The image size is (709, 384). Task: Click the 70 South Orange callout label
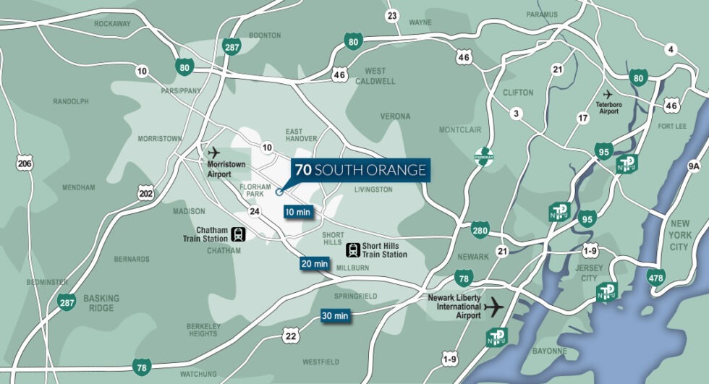pyautogui.click(x=360, y=171)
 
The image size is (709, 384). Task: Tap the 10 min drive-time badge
pyautogui.click(x=297, y=212)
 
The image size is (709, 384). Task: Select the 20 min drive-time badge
pyautogui.click(x=315, y=264)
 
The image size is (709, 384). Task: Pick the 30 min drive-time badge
pyautogui.click(x=335, y=315)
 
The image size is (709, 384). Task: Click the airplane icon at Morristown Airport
pyautogui.click(x=213, y=153)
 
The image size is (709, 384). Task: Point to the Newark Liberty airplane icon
pyautogui.click(x=494, y=307)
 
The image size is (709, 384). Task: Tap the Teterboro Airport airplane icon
pyautogui.click(x=608, y=94)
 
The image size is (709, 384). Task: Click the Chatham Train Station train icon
pyautogui.click(x=239, y=234)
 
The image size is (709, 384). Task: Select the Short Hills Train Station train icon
pyautogui.click(x=353, y=249)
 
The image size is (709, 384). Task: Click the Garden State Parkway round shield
pyautogui.click(x=483, y=155)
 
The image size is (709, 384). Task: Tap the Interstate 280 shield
pyautogui.click(x=480, y=230)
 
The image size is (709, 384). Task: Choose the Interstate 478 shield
pyautogui.click(x=656, y=276)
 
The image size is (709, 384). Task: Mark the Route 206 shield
pyautogui.click(x=25, y=164)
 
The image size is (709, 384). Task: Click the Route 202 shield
pyautogui.click(x=146, y=193)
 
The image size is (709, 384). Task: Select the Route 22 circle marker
pyautogui.click(x=291, y=336)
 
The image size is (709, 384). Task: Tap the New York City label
pyautogui.click(x=680, y=235)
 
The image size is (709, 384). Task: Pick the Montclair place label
pyautogui.click(x=460, y=129)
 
